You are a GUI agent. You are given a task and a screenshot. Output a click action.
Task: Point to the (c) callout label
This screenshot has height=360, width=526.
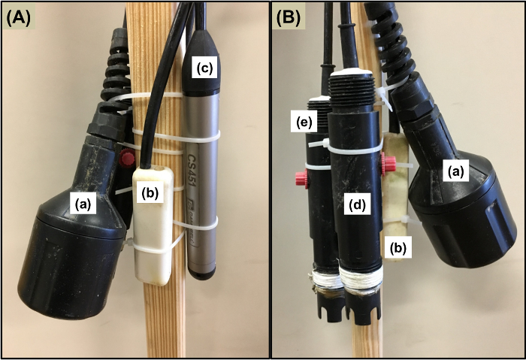[204, 68]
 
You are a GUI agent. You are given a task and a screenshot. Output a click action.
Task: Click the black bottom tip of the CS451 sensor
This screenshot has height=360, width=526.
[199, 274]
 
